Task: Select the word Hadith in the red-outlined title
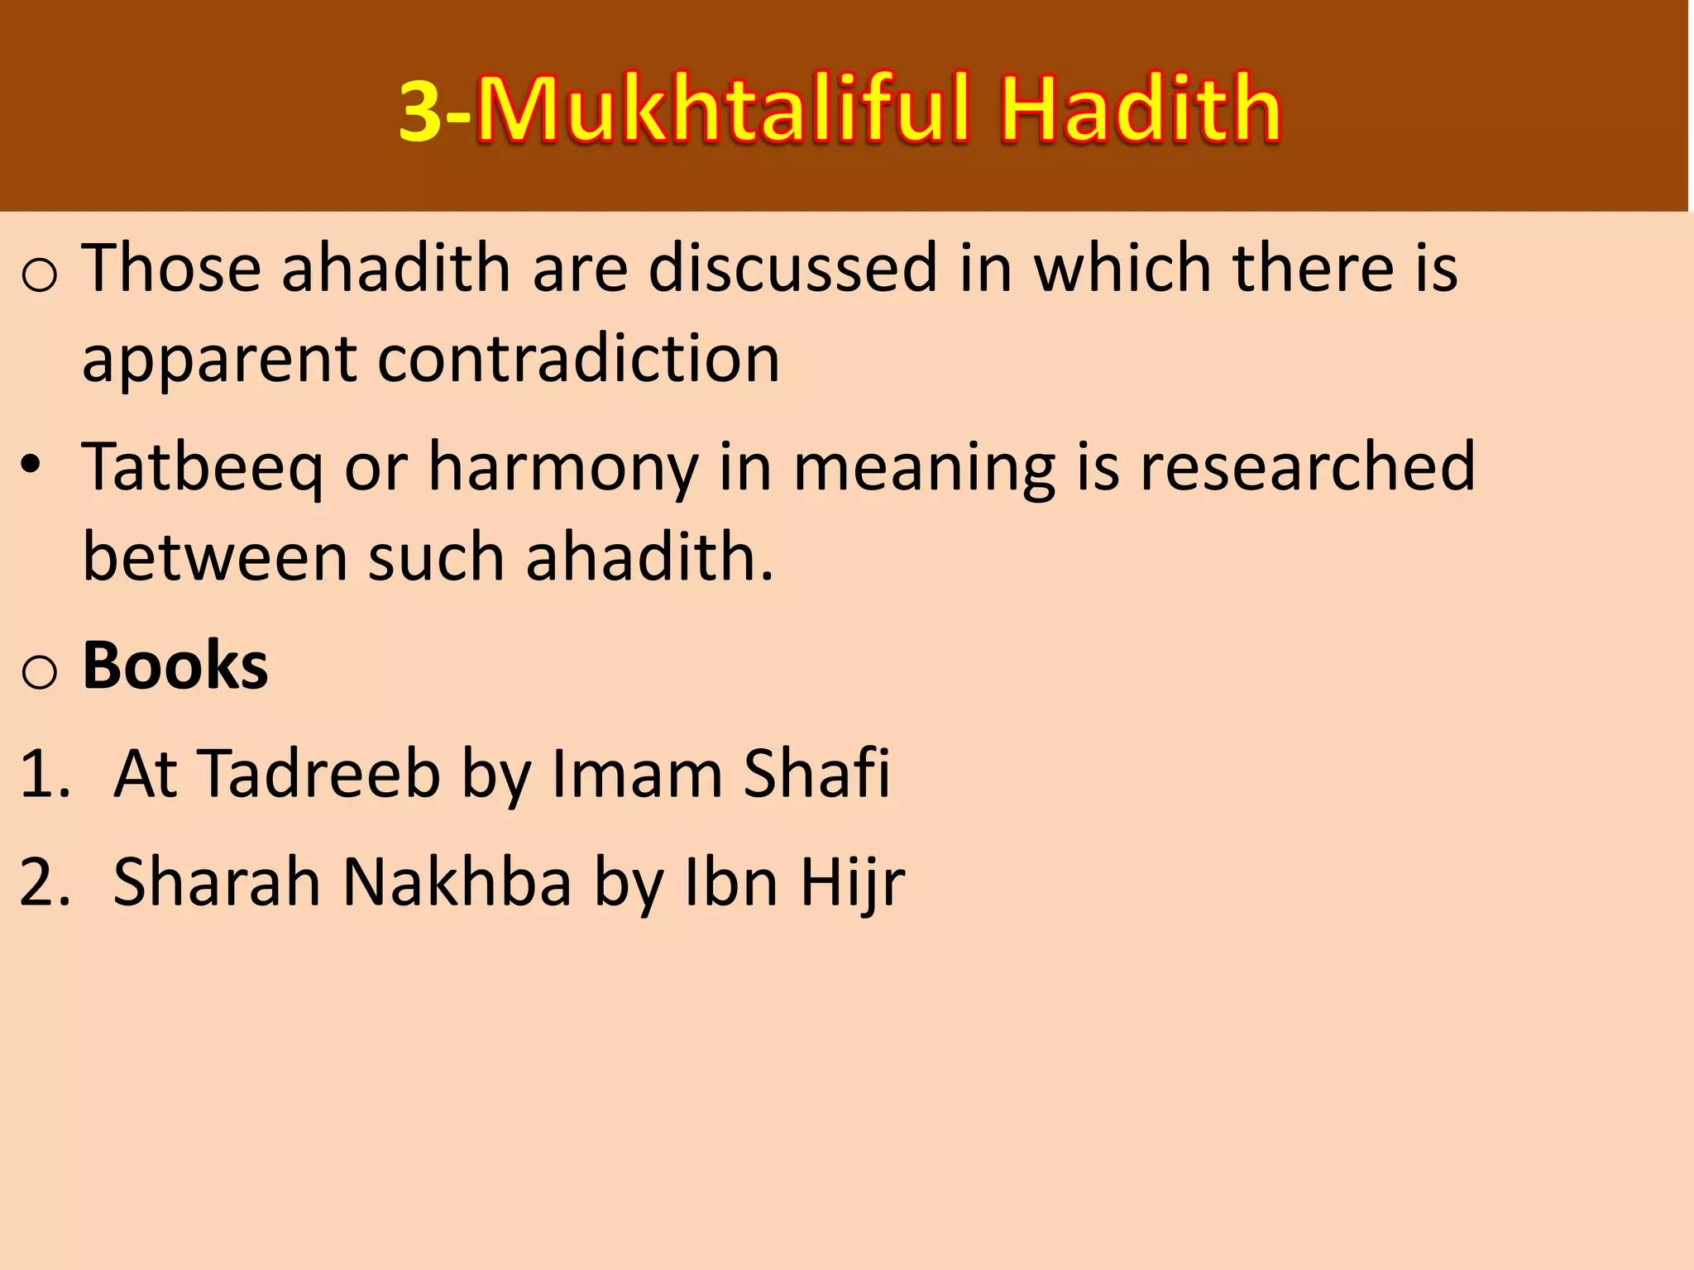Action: [1140, 109]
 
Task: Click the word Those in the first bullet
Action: [171, 268]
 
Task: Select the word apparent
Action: [218, 361]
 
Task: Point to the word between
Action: [215, 556]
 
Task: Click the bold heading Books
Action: [175, 666]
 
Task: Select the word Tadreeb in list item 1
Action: [321, 773]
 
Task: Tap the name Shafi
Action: [816, 773]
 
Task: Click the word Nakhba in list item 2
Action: [457, 882]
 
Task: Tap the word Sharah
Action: [217, 882]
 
